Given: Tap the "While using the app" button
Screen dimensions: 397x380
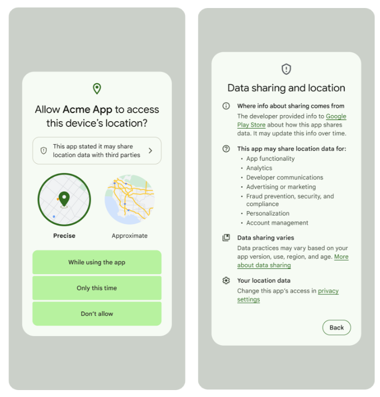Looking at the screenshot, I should coord(97,263).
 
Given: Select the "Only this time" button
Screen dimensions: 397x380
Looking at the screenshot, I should coord(97,288).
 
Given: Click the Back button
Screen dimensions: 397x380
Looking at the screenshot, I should coord(336,328).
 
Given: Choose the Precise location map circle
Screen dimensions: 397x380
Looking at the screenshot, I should coord(64,200).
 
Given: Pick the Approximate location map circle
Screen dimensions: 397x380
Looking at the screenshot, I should coord(130,200).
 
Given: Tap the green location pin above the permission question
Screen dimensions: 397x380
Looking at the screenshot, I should coord(97,89).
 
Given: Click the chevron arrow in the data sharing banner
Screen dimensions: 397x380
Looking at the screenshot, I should coord(150,151).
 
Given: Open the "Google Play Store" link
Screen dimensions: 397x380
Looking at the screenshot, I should coord(336,116).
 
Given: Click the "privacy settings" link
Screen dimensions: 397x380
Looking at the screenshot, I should coord(328,291).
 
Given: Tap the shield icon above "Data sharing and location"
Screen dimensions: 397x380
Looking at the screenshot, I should coord(286,69).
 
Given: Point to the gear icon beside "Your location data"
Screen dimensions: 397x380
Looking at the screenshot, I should coord(226,281).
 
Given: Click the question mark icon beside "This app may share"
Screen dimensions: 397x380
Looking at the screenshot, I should coord(226,149).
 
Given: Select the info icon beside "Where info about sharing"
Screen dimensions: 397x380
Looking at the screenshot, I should coord(226,106).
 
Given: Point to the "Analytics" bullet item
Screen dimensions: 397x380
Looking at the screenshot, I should coord(259,168).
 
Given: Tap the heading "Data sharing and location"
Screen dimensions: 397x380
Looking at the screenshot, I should coord(286,88).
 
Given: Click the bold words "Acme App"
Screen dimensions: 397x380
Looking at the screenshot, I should coord(88,109).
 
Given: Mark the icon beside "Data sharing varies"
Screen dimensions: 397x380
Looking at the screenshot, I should coord(226,238).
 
